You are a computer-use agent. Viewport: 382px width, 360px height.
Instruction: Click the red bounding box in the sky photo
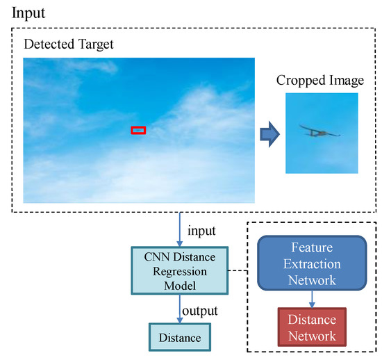[x=138, y=130]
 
